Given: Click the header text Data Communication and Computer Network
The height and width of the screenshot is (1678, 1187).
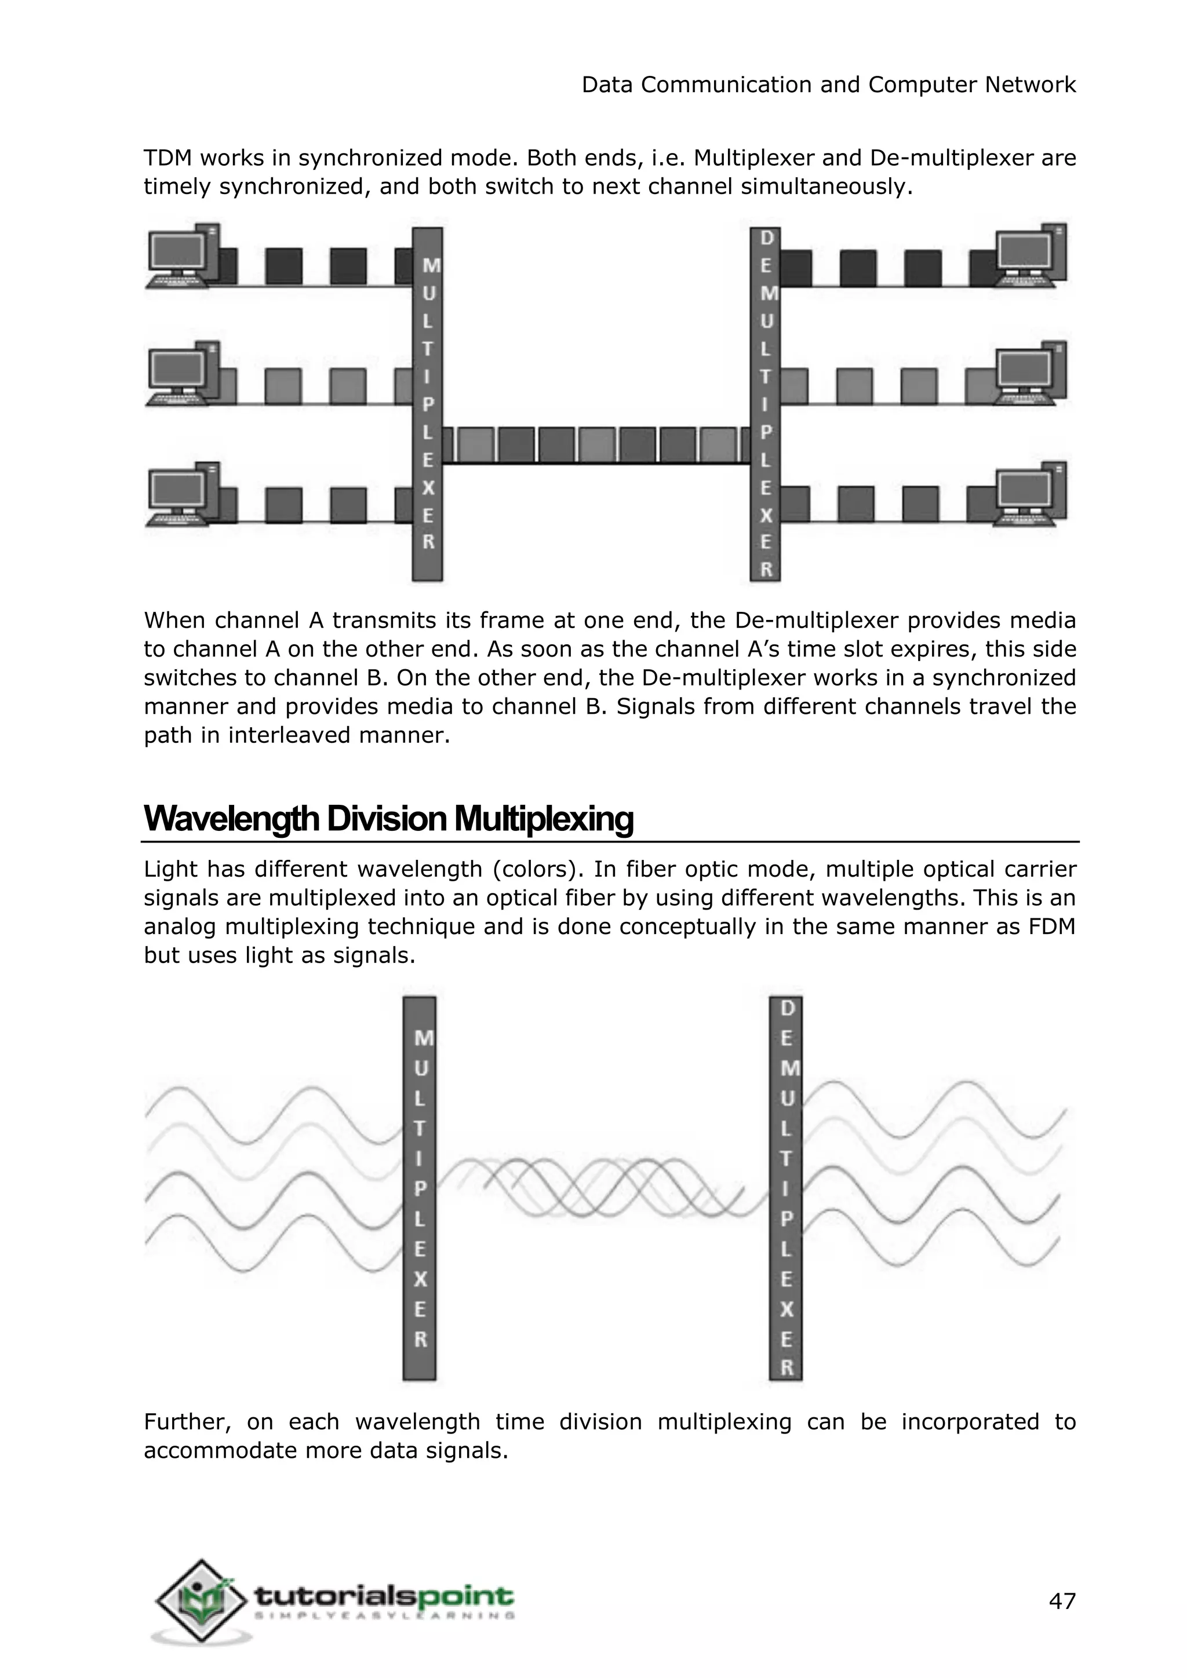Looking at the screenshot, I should click(828, 85).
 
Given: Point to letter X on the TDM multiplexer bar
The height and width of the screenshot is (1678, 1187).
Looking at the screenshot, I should click(428, 487).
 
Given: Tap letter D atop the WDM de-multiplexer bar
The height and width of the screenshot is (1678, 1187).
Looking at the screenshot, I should click(787, 1009).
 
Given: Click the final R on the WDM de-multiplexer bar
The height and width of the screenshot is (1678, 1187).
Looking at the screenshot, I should click(787, 1367).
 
